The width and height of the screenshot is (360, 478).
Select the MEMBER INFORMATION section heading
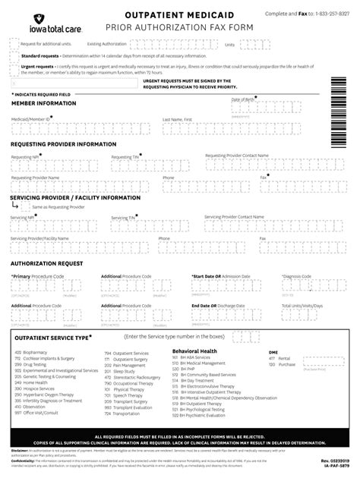(43, 102)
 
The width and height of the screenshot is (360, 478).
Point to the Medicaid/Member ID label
(30, 119)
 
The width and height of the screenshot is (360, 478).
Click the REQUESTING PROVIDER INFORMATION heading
(63, 143)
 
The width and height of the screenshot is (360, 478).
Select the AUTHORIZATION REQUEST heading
(46, 263)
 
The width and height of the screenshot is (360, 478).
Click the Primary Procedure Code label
(36, 276)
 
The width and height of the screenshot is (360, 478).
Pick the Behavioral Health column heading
(194, 351)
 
